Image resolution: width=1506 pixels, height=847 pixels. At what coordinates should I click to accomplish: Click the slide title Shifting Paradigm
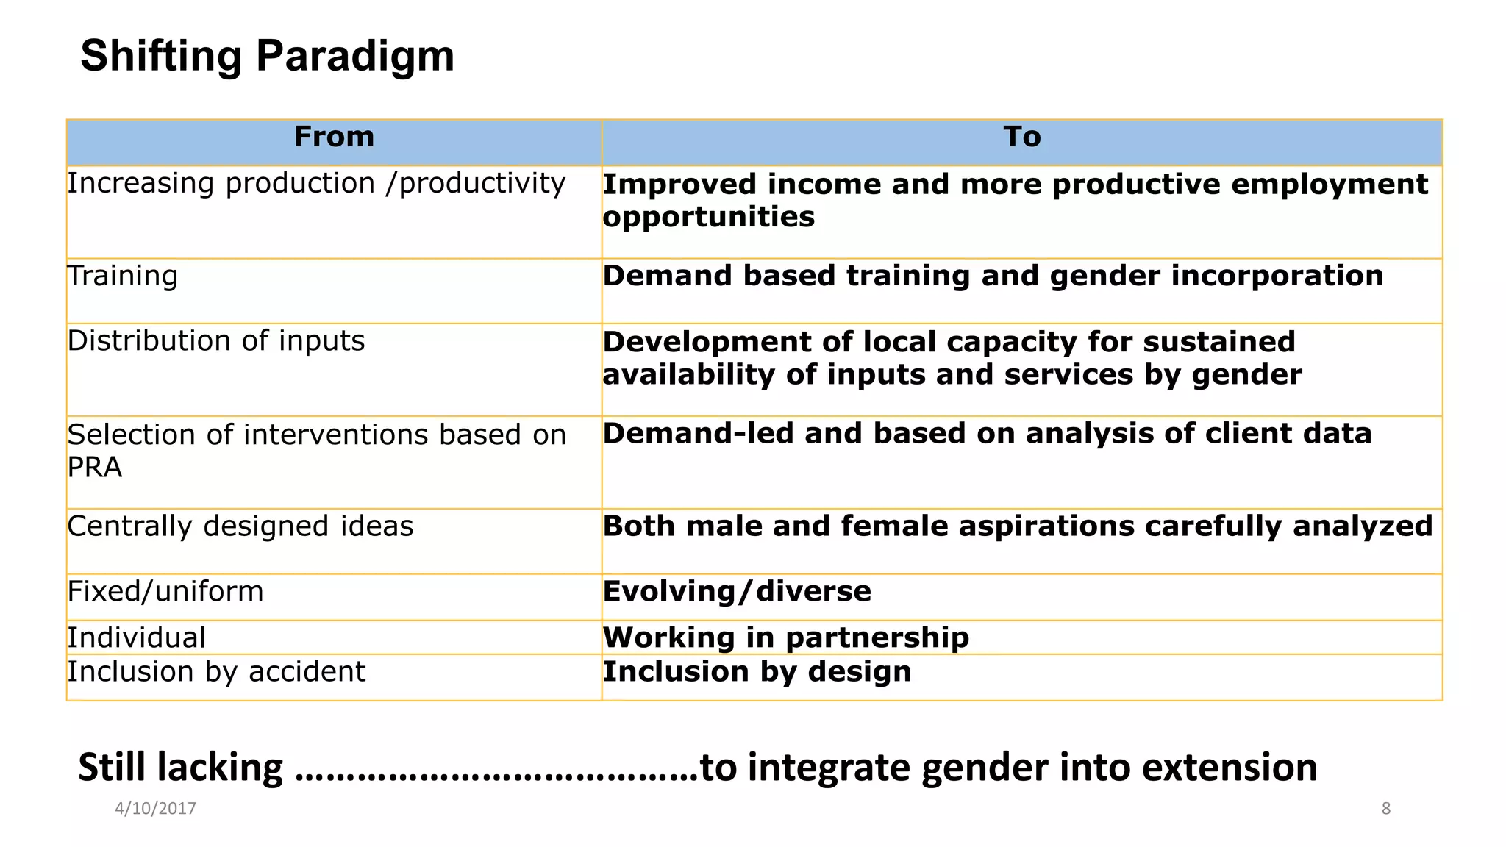point(267,56)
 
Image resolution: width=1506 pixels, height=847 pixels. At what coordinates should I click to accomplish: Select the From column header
point(334,137)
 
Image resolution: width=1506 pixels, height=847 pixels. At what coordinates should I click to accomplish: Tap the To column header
point(1021,137)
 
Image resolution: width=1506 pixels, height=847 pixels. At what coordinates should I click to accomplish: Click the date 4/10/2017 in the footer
point(155,808)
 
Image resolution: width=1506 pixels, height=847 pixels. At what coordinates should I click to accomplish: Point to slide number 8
point(1385,808)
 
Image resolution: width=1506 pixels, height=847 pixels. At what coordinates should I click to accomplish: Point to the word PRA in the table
point(95,468)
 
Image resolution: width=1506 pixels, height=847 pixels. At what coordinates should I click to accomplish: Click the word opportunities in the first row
point(708,217)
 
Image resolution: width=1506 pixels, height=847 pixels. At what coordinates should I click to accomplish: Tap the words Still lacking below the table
point(180,767)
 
